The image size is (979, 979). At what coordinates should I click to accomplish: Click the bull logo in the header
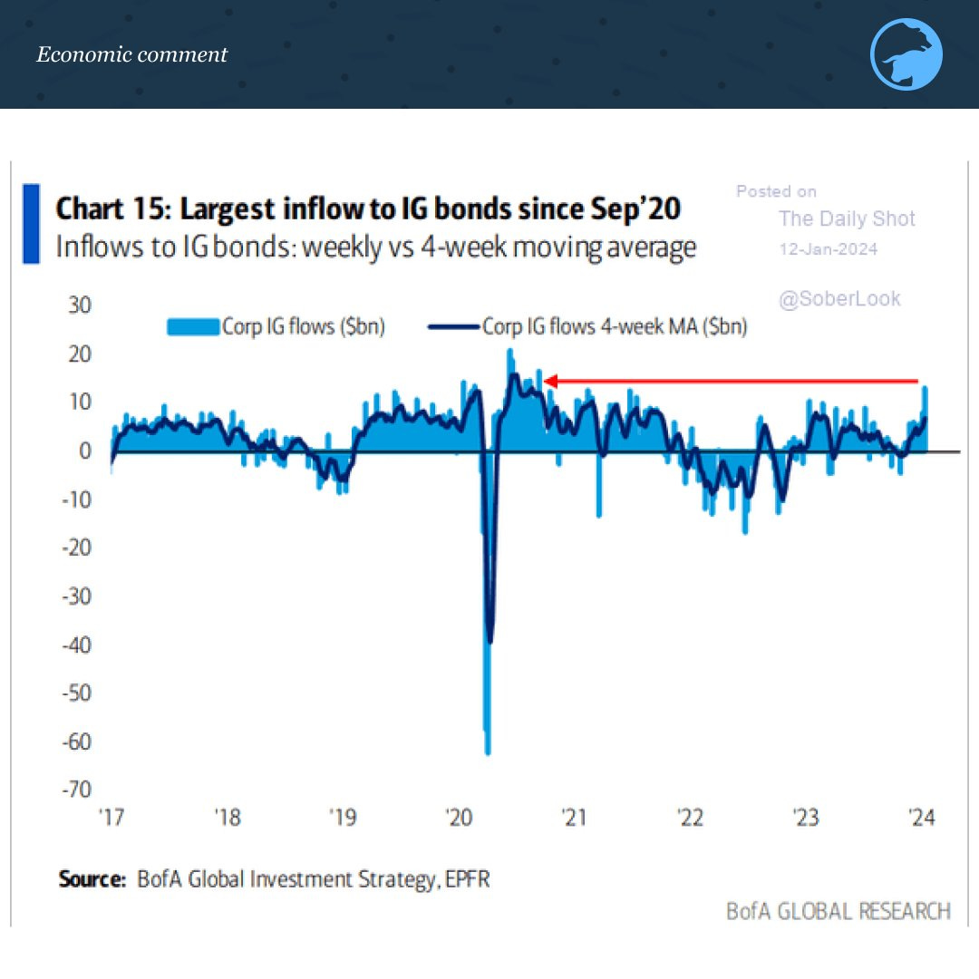(x=906, y=54)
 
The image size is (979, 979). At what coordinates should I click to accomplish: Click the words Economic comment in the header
(x=131, y=54)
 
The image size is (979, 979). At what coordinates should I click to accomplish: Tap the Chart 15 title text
(x=368, y=209)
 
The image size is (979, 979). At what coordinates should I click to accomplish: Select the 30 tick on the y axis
(x=79, y=305)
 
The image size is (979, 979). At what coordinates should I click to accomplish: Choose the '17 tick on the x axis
(x=111, y=819)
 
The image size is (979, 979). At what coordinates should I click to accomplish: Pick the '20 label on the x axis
(x=459, y=819)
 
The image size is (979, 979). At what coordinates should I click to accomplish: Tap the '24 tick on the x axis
(x=921, y=819)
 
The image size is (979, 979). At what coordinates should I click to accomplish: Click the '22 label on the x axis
(x=690, y=819)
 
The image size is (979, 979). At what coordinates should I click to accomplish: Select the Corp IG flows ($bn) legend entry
(x=276, y=327)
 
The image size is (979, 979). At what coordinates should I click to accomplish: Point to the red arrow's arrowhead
(x=548, y=382)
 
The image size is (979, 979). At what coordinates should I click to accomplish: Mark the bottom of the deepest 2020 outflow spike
(x=488, y=752)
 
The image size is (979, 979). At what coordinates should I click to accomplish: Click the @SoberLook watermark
(x=839, y=299)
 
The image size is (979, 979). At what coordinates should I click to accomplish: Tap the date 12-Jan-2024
(x=828, y=249)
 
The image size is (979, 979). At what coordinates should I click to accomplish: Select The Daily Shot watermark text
(x=847, y=218)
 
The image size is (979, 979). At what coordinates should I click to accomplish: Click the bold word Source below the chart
(x=92, y=878)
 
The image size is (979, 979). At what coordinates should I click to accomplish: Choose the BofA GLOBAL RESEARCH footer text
(x=838, y=910)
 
